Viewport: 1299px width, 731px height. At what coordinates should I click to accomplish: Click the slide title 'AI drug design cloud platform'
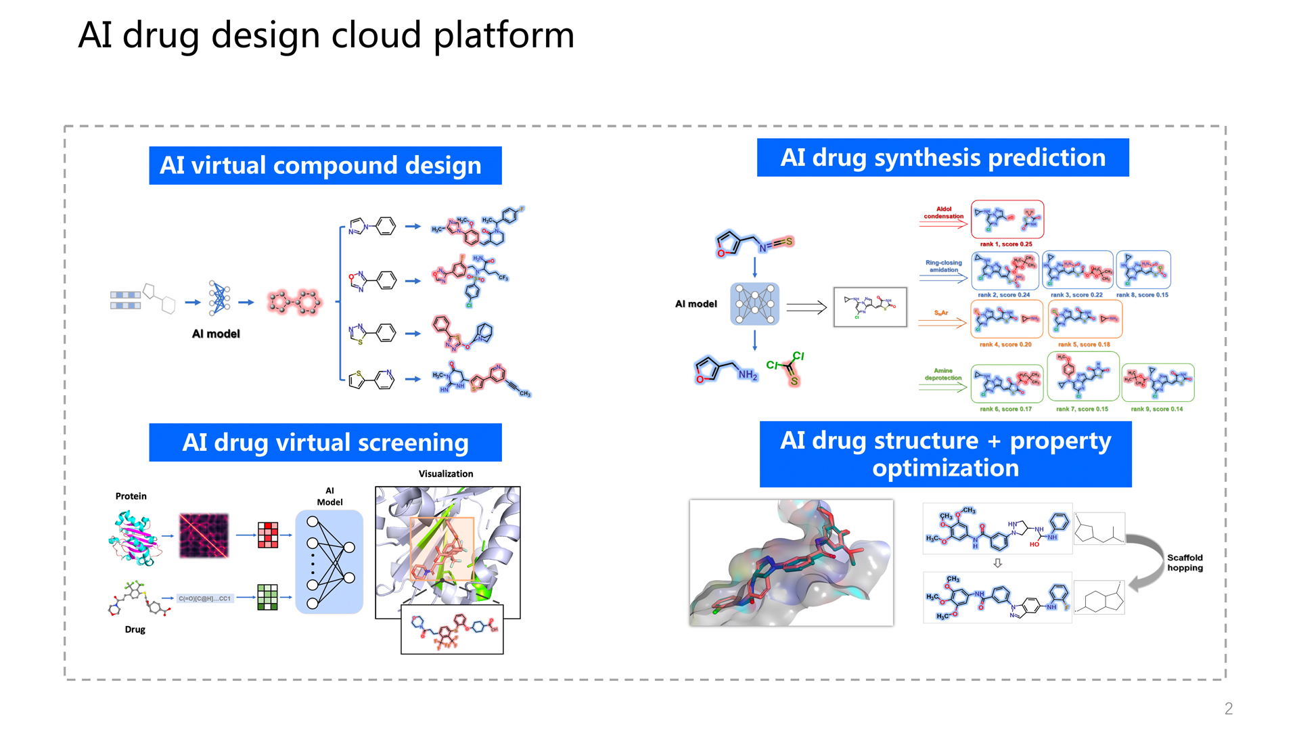(326, 35)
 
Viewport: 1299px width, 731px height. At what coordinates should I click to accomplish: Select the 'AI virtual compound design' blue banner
(325, 166)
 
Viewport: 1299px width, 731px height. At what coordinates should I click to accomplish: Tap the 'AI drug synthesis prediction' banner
(942, 158)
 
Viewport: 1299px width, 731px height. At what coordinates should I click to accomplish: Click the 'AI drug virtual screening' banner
(325, 443)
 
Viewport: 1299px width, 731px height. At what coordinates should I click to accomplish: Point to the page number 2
(1228, 709)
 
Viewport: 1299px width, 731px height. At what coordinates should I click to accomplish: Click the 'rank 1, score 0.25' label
(1006, 244)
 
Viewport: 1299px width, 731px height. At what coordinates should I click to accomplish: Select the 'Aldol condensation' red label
(943, 213)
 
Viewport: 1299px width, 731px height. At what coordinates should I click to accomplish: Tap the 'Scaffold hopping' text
(1185, 562)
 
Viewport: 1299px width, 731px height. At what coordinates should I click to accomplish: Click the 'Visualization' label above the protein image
(445, 474)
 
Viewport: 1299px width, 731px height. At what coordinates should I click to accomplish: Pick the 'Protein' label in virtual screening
(131, 496)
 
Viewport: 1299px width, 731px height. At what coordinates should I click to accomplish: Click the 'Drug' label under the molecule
(135, 629)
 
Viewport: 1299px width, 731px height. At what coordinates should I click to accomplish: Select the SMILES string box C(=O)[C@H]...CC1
(204, 598)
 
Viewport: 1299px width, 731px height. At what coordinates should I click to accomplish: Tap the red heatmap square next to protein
(204, 535)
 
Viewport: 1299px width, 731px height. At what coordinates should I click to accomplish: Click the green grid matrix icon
(267, 597)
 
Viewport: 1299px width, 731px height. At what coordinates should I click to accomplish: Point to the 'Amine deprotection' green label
(943, 374)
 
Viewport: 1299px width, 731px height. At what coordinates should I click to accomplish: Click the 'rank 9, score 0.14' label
(1156, 409)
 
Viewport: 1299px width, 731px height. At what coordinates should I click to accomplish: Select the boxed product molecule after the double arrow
(870, 307)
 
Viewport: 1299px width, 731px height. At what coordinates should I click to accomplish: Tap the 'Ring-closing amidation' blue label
(943, 266)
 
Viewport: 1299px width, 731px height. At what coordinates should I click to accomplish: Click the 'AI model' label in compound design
(216, 334)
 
